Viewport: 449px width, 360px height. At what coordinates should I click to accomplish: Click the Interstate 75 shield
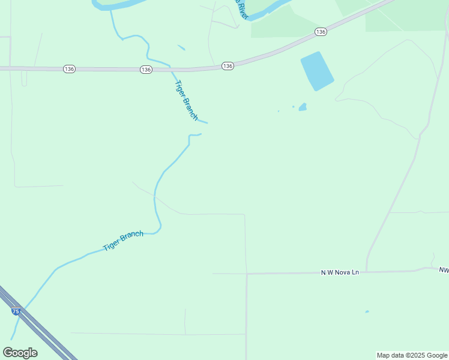point(14,311)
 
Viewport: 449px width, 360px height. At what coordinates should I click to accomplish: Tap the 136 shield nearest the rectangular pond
point(321,31)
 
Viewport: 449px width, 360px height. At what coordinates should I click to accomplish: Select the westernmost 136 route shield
point(69,70)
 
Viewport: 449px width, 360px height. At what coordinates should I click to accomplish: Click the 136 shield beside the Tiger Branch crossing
point(146,70)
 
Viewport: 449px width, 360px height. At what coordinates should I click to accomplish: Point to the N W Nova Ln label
point(340,272)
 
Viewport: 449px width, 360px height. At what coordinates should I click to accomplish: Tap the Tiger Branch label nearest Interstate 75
point(123,241)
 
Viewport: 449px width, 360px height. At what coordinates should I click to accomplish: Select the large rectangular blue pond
point(316,71)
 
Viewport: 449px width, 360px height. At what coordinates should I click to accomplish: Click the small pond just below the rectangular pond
point(303,107)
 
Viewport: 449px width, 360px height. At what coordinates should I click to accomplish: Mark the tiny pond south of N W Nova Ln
point(367,311)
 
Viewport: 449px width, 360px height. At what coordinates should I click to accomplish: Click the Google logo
point(20,353)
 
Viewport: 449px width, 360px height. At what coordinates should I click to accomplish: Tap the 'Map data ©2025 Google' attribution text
point(412,355)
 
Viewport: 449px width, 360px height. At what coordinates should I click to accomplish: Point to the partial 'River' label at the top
point(241,9)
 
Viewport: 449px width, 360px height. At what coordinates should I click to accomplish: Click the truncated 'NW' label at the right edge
point(444,271)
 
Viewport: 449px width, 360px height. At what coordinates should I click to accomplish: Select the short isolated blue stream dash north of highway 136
point(181,47)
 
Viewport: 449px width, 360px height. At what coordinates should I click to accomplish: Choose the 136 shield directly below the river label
point(227,65)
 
